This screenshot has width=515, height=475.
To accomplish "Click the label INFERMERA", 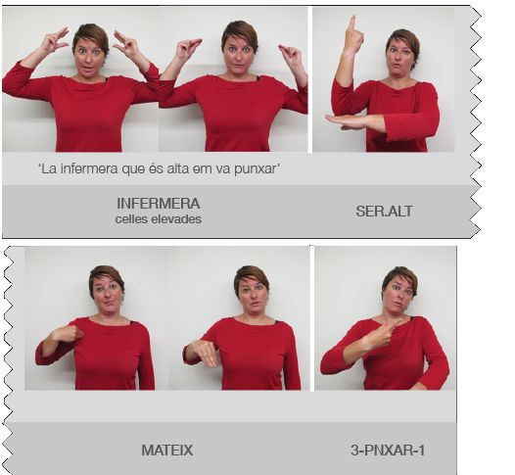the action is click(x=159, y=204).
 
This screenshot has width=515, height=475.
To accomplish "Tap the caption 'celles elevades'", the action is click(x=159, y=219).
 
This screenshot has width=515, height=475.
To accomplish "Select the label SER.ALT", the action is click(x=384, y=212).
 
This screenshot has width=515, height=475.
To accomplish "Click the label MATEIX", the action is click(x=167, y=451).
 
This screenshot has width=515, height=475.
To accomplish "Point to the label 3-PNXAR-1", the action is click(x=388, y=451).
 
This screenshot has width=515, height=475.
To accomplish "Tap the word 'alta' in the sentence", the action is click(x=177, y=168).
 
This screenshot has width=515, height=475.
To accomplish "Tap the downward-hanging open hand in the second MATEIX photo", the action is click(x=206, y=355).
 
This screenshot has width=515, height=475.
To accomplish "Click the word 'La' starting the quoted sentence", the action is click(x=47, y=168).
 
